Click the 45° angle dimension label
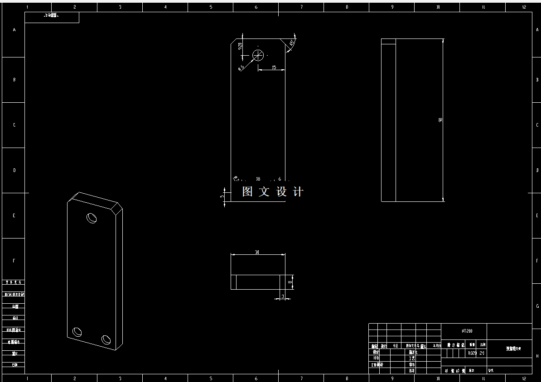(292, 43)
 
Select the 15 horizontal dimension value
(274, 67)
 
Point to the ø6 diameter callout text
(242, 67)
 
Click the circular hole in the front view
(258, 55)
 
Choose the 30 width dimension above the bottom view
(257, 252)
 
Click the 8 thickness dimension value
(290, 282)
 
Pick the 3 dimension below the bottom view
(283, 296)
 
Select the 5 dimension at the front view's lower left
(222, 196)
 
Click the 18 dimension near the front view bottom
(258, 179)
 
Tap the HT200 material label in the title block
(467, 331)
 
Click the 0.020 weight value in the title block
(472, 353)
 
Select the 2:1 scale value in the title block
(482, 353)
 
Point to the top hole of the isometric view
(92, 218)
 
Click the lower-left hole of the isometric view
(77, 332)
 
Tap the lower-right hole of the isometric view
(106, 339)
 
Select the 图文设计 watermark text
(273, 192)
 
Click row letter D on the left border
(14, 171)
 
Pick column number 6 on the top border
(256, 7)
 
